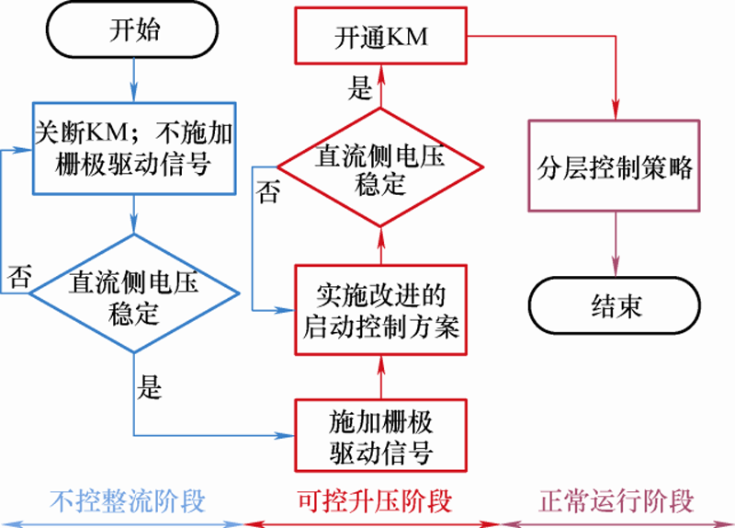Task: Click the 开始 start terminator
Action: [134, 31]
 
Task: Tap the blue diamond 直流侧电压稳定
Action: [134, 293]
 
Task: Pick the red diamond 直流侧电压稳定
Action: [381, 166]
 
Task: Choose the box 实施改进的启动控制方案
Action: [381, 310]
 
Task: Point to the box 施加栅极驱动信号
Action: [381, 434]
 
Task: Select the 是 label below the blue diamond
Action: [149, 387]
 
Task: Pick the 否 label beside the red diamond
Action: [266, 194]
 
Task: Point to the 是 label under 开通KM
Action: [361, 88]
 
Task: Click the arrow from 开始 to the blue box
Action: [134, 79]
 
